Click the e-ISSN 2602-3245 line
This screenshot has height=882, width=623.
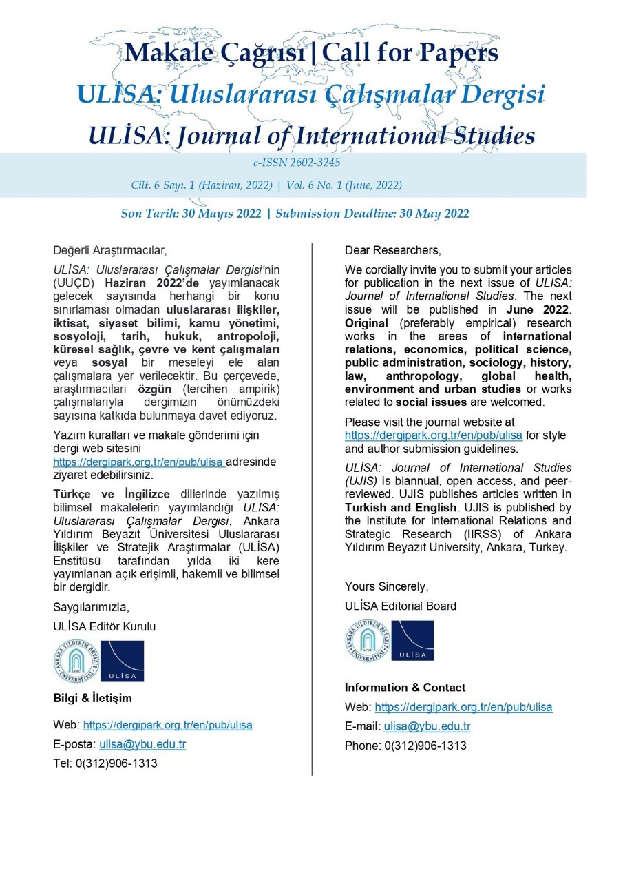tap(296, 163)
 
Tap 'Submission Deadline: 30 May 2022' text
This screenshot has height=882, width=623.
tap(372, 214)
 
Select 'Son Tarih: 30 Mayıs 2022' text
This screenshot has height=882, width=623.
tap(191, 214)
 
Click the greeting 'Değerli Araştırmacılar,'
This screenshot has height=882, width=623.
tap(110, 249)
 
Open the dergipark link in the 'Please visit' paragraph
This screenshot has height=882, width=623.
tap(434, 435)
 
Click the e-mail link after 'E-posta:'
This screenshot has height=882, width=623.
tap(142, 744)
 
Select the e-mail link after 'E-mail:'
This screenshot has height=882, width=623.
tap(427, 726)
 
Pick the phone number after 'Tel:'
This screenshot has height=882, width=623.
tap(116, 763)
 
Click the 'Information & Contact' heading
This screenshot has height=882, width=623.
tap(405, 688)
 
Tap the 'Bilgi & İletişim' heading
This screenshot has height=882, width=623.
tap(92, 698)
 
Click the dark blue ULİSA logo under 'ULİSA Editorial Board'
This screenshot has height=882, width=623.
tap(412, 641)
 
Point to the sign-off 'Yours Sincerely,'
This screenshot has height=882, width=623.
tap(386, 586)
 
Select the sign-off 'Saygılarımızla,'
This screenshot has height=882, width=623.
tap(91, 607)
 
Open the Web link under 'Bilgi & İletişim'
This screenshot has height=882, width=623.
tap(167, 725)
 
